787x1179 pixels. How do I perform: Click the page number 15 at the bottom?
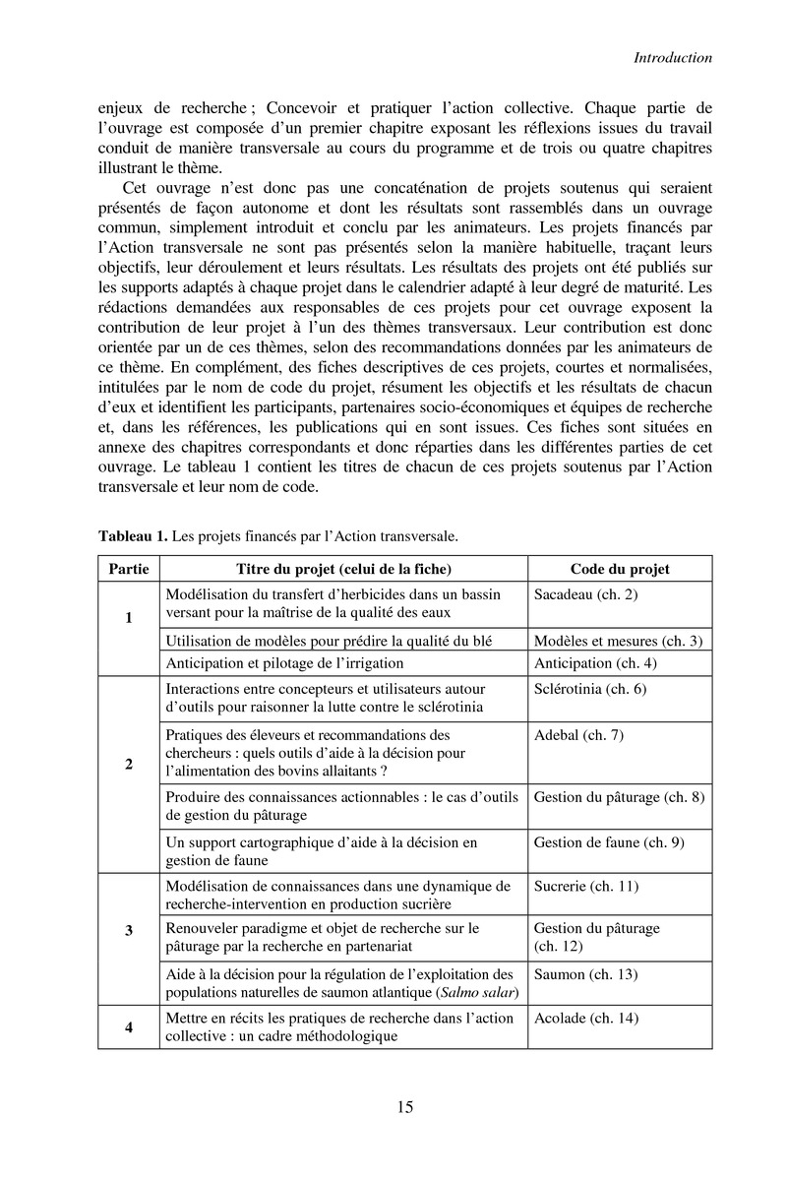pos(405,1108)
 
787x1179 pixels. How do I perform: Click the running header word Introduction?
pos(672,58)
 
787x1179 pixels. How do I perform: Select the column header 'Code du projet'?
pos(620,569)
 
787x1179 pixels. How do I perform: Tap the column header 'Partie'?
pos(129,569)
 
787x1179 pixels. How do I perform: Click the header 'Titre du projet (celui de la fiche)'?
pos(343,569)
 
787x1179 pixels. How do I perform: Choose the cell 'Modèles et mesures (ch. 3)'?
pos(618,641)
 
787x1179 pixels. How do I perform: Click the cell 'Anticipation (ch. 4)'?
pos(595,662)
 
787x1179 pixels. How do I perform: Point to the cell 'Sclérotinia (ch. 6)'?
pos(589,689)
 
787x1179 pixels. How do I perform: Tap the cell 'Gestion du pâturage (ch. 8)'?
pos(619,797)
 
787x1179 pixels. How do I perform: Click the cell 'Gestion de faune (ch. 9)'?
pos(608,842)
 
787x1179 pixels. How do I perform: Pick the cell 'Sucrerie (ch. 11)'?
pos(586,887)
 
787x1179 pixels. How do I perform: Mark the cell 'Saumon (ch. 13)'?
pos(586,974)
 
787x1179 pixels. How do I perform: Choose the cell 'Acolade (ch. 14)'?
pos(586,1019)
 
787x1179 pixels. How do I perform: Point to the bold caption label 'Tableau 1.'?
pos(133,536)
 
